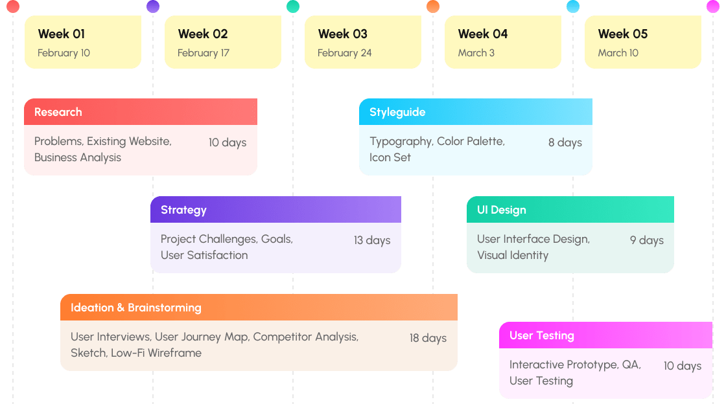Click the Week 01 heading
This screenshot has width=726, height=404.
(x=61, y=34)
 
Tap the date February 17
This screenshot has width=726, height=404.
(x=204, y=53)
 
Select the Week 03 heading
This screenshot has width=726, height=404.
(x=343, y=34)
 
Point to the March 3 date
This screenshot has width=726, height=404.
(x=476, y=52)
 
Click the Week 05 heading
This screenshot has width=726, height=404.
(x=623, y=34)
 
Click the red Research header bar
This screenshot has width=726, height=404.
(x=141, y=112)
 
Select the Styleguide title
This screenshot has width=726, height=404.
(x=397, y=112)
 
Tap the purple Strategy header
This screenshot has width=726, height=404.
(x=276, y=209)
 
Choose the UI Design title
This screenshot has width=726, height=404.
(x=502, y=210)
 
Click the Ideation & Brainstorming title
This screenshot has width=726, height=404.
(x=136, y=308)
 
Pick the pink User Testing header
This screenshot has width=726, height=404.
(x=605, y=335)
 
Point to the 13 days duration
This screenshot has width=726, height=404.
(x=372, y=240)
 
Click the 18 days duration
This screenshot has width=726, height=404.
(x=428, y=339)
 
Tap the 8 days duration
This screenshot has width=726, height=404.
(x=565, y=142)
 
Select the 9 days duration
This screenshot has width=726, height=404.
(x=647, y=240)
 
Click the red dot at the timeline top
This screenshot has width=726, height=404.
(x=13, y=6)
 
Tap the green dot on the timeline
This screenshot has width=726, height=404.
(x=293, y=6)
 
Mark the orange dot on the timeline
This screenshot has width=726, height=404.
(x=433, y=6)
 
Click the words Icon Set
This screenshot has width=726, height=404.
(x=390, y=157)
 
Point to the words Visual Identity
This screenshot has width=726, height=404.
(x=513, y=256)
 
